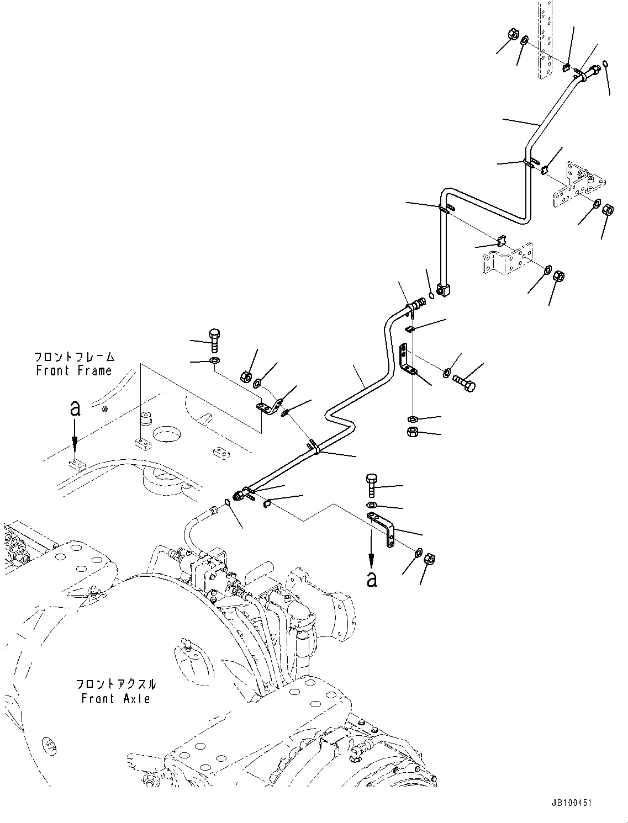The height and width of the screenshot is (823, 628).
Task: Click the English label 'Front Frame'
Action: click(x=74, y=371)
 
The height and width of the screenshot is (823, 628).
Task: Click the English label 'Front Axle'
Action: click(x=116, y=699)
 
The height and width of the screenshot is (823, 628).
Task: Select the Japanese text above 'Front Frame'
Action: click(x=74, y=357)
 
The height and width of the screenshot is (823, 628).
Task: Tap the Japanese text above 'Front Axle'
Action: click(x=116, y=684)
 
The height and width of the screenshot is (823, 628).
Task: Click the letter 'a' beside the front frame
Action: click(x=75, y=408)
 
